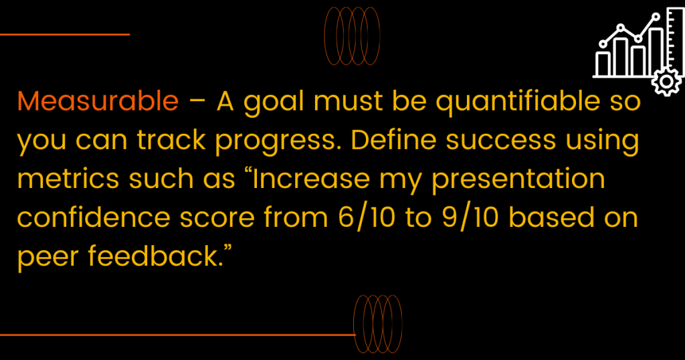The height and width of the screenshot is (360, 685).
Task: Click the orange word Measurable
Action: (x=98, y=101)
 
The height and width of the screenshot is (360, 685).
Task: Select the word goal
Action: (x=274, y=102)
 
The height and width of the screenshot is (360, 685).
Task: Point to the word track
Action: (x=171, y=140)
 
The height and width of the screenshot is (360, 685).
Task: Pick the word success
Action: (x=501, y=141)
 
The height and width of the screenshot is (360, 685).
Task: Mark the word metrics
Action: (x=68, y=179)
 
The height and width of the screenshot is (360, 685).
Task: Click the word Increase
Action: (x=311, y=179)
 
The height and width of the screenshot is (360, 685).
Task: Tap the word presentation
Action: (x=518, y=180)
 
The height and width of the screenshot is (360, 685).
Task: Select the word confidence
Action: (x=94, y=217)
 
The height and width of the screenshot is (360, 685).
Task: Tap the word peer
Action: (x=47, y=258)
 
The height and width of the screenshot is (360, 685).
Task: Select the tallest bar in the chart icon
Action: (x=656, y=52)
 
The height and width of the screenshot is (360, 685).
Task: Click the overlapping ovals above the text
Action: (x=352, y=36)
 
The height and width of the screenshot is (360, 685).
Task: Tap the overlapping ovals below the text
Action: (x=378, y=324)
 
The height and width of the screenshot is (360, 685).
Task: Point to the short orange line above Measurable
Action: (x=65, y=34)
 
